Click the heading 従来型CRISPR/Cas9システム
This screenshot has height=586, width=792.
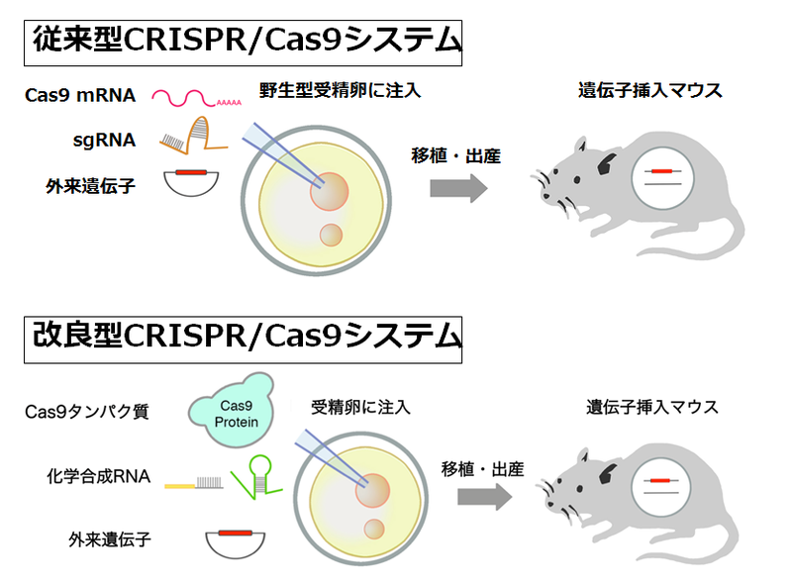[243, 43]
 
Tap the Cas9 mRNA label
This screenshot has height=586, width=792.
[81, 96]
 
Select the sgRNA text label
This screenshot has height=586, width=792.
[103, 141]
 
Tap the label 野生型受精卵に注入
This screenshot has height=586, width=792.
[341, 91]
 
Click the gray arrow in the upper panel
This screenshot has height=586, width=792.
[458, 186]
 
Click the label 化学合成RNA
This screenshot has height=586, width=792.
[104, 477]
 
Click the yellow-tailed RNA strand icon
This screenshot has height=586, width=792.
[193, 484]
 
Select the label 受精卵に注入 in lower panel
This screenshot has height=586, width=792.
[360, 406]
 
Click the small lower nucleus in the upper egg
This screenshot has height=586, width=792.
[331, 236]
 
